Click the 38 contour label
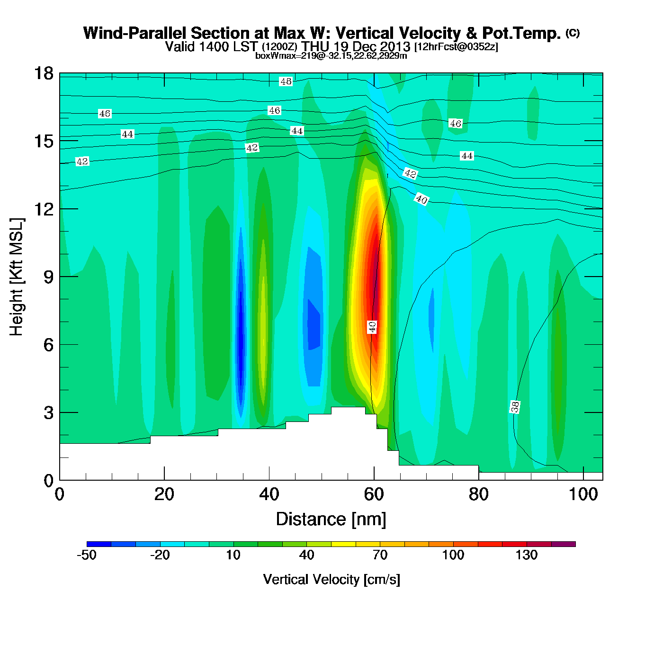pos(515,407)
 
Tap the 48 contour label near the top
pos(286,81)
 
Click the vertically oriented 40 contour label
pos(372,326)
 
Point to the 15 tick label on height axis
pos(44,141)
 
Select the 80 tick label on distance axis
pos(478,494)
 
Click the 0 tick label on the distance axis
pos(60,494)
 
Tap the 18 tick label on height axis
pos(44,73)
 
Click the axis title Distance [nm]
pos(331,520)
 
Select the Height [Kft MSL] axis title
pos(17,277)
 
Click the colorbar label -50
pos(87,555)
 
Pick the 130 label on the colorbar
pos(527,555)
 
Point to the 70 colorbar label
pos(380,555)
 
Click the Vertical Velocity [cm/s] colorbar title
pos(331,580)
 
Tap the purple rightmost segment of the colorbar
pos(564,544)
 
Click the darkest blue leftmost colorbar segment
pos(99,544)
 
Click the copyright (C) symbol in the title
pos(573,33)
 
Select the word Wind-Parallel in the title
pos(135,33)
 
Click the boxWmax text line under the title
pos(331,55)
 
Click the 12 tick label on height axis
pos(44,209)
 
